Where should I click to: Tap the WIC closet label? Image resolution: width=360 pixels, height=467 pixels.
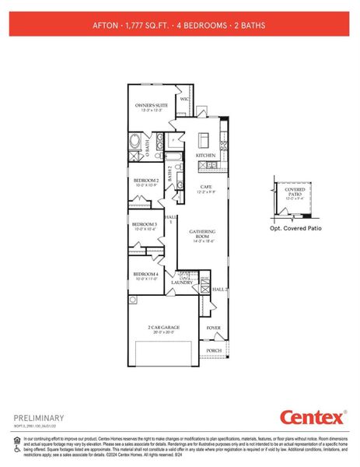[184, 100]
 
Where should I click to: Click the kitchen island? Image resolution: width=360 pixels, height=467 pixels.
[205, 140]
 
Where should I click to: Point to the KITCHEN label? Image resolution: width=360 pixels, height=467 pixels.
[205, 156]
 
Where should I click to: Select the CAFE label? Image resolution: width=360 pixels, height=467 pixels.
[206, 187]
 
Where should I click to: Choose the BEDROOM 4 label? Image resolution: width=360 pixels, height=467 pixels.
[145, 275]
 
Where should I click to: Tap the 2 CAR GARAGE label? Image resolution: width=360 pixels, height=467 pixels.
[165, 327]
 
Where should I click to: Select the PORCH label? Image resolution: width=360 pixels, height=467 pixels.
[215, 350]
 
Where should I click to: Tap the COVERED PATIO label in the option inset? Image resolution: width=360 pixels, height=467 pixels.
[295, 191]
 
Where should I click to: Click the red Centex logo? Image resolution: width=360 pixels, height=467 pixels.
[310, 418]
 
